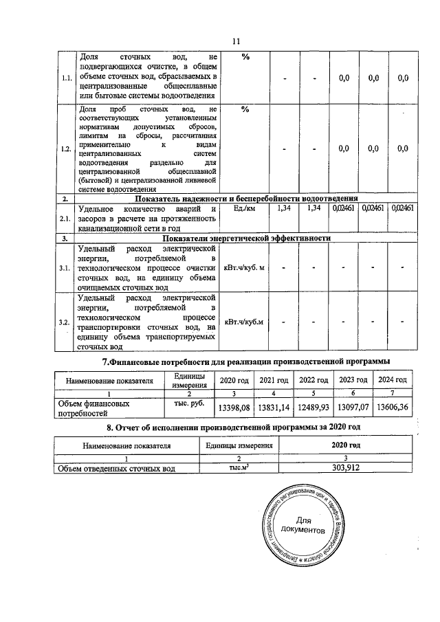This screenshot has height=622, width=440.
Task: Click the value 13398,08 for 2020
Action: click(234, 408)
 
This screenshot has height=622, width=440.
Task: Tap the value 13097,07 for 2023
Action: click(353, 408)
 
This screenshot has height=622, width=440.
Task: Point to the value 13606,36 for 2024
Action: click(393, 408)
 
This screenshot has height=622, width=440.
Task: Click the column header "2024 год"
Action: click(393, 381)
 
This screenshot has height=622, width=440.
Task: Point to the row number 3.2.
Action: click(67, 322)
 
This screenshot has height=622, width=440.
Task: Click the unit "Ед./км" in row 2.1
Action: click(245, 208)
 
